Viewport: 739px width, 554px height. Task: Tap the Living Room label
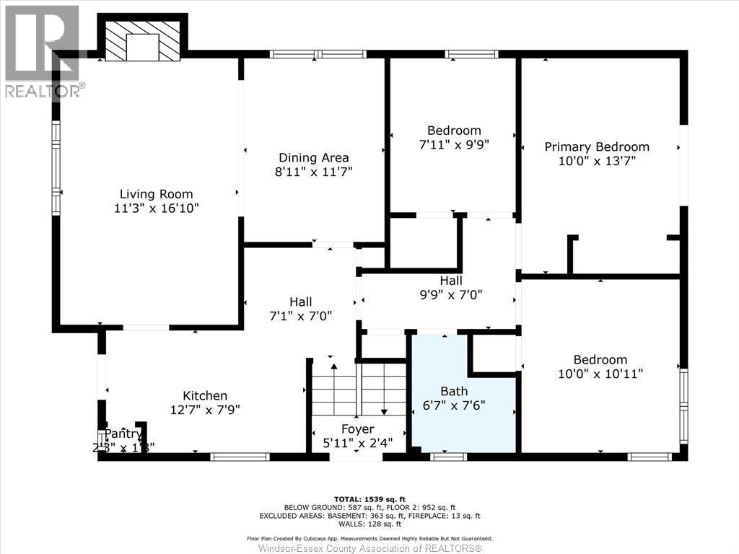pyautogui.click(x=156, y=193)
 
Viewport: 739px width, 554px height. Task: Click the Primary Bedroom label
pyautogui.click(x=596, y=146)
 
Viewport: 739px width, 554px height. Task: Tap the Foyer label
pyautogui.click(x=358, y=429)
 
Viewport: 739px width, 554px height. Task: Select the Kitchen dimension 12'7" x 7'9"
pyautogui.click(x=204, y=409)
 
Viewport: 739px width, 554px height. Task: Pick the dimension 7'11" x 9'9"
pyautogui.click(x=454, y=144)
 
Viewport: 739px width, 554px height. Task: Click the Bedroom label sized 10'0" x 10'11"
pyautogui.click(x=600, y=359)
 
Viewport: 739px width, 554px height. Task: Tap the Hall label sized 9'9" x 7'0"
pyautogui.click(x=451, y=280)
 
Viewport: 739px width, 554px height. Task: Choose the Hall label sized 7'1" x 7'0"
pyautogui.click(x=300, y=302)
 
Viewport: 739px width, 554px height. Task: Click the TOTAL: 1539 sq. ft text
pyautogui.click(x=369, y=499)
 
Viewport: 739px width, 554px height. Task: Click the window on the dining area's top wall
pyautogui.click(x=318, y=53)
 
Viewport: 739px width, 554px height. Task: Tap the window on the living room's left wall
pyautogui.click(x=56, y=167)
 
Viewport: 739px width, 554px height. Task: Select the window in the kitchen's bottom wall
pyautogui.click(x=240, y=456)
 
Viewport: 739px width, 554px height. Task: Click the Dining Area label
pyautogui.click(x=314, y=157)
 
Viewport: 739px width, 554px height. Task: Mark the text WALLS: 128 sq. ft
pyautogui.click(x=369, y=524)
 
